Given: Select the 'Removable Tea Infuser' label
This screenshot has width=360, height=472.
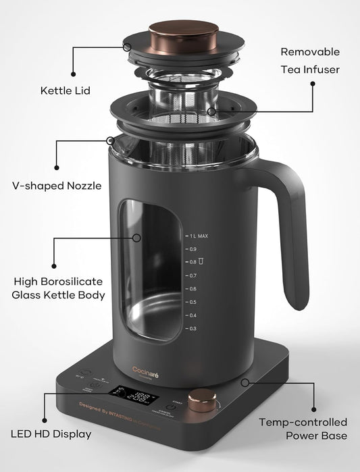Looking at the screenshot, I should (x=310, y=60).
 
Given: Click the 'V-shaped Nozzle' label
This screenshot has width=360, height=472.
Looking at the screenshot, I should (x=57, y=185).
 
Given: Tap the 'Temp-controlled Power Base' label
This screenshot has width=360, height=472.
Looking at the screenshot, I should (x=303, y=429).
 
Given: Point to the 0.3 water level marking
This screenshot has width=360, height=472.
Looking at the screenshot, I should (x=192, y=328).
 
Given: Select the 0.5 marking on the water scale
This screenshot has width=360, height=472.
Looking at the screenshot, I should (x=192, y=302).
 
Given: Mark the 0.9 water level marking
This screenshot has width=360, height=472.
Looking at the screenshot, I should (x=192, y=249).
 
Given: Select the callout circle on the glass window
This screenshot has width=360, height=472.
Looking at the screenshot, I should (x=136, y=238).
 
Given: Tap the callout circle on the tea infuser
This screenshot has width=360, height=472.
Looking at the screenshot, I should (x=211, y=110).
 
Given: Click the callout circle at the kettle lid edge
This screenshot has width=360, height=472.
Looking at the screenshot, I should (x=127, y=47).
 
